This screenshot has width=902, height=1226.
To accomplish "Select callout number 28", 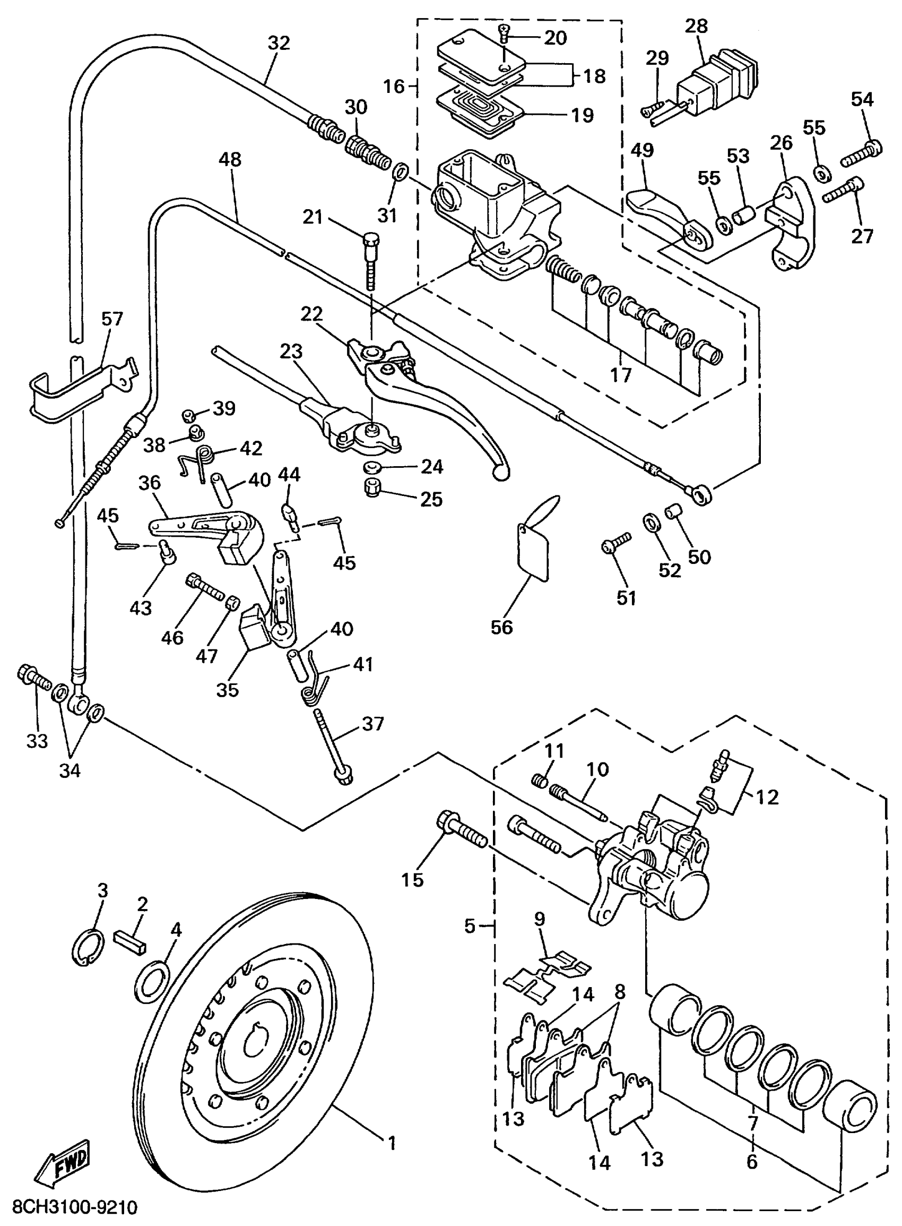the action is tap(696, 25).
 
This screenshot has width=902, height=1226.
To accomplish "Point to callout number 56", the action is tap(501, 627).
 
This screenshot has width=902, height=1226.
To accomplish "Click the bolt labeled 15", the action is tap(462, 832).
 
